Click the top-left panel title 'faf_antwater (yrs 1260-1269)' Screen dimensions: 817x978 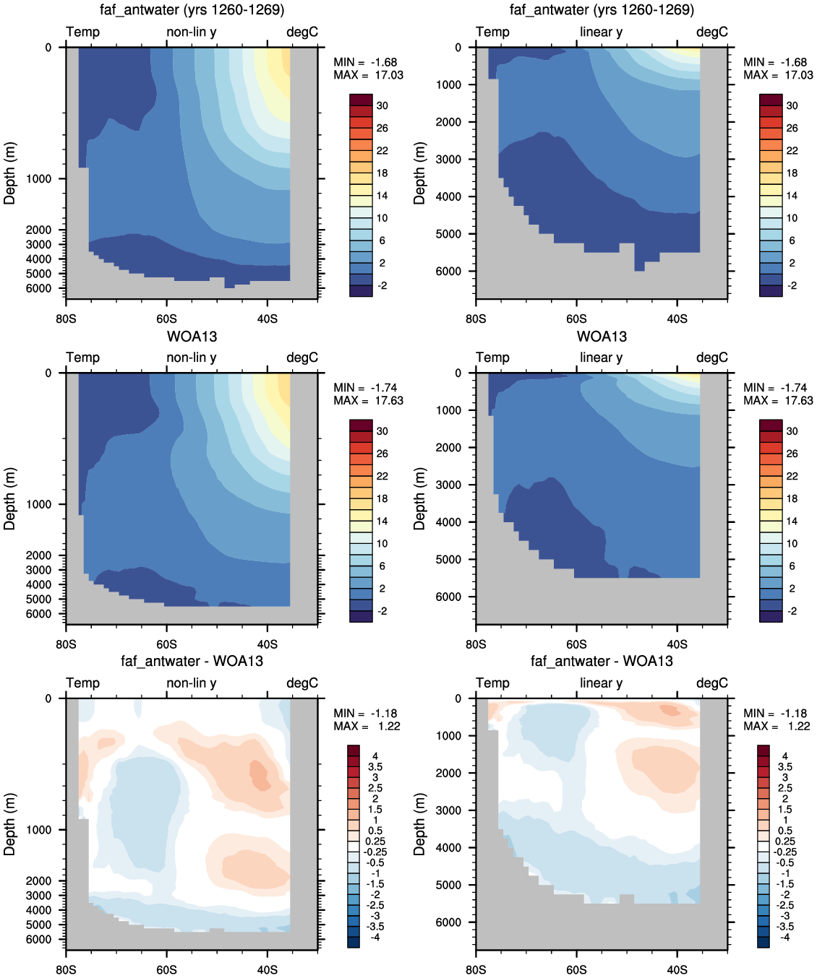point(192,9)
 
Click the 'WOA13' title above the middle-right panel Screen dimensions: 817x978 point(602,337)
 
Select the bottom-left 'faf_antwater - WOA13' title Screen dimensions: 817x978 point(192,661)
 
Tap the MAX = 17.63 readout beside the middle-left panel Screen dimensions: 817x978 point(368,400)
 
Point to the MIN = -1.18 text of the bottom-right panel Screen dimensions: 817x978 point(775,714)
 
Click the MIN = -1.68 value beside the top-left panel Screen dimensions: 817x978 point(365,62)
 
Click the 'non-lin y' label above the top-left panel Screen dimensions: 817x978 point(192,32)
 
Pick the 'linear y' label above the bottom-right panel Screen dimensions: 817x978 point(602,683)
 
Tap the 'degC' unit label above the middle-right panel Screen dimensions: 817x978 point(712,358)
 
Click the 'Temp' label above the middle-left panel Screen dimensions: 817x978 point(82,358)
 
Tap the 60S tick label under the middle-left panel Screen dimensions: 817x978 point(166,644)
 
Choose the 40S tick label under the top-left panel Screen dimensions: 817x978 point(268,319)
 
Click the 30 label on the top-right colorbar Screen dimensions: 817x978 point(792,105)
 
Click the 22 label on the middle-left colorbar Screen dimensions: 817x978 point(382,476)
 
